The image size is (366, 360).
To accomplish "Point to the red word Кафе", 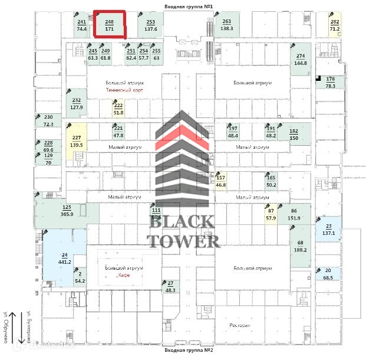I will (124, 276).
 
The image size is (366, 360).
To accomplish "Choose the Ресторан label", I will (240, 325).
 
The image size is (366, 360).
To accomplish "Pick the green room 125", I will (67, 211).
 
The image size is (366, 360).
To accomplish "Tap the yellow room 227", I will (76, 141).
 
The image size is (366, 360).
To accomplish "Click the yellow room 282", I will (335, 25).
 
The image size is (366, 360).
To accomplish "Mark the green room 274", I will (301, 59).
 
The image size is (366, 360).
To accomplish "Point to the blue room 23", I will (328, 230).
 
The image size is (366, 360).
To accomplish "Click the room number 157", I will (221, 178).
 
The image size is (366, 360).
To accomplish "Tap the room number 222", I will (118, 106).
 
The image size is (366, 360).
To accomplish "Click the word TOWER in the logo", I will (183, 240).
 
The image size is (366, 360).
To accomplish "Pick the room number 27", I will (170, 283).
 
